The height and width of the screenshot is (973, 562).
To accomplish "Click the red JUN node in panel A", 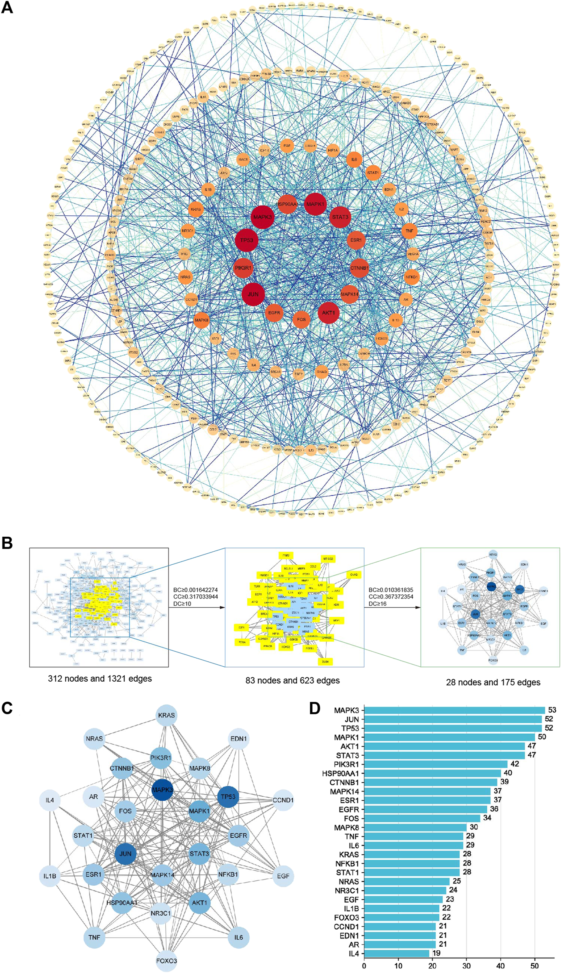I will click(x=253, y=294).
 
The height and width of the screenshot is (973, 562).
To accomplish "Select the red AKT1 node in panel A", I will click(x=329, y=313).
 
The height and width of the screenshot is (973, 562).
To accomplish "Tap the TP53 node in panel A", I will click(x=246, y=240).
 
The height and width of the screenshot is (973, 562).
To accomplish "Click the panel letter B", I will click(x=7, y=543).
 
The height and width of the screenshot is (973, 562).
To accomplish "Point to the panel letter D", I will click(x=315, y=708).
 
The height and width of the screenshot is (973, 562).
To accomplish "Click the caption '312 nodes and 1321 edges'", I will click(x=100, y=678).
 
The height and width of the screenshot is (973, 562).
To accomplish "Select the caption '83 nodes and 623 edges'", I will click(x=292, y=680).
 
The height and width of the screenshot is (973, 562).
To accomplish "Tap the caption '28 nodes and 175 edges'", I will click(x=493, y=682).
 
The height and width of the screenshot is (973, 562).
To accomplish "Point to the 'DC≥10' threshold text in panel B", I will click(x=182, y=604).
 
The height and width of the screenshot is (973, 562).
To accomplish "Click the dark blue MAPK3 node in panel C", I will click(x=162, y=790).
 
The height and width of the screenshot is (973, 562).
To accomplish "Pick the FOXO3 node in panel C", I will click(x=166, y=961).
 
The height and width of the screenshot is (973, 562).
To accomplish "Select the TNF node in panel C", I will click(x=94, y=937).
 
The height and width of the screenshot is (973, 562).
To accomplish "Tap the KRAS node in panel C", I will click(x=166, y=715).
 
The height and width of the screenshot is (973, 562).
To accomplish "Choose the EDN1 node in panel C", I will click(x=238, y=739).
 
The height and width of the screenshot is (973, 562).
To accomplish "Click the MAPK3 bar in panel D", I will click(x=454, y=710).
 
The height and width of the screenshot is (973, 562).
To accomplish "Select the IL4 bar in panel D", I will click(x=396, y=953).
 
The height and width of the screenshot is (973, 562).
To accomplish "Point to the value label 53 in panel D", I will click(x=552, y=710).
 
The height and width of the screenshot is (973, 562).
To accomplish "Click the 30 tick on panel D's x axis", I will click(x=467, y=966).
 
